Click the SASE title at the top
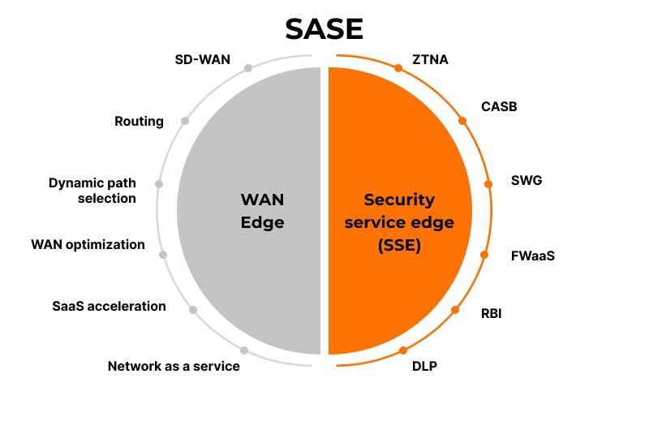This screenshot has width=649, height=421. pyautogui.click(x=324, y=28)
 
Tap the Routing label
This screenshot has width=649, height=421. pyautogui.click(x=139, y=122)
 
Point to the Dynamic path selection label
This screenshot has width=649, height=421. pyautogui.click(x=92, y=191)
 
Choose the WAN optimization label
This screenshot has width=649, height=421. pyautogui.click(x=88, y=244)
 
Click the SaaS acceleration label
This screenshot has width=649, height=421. pyautogui.click(x=109, y=306)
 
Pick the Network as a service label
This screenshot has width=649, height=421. pyautogui.click(x=174, y=366)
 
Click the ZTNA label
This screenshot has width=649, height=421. pyautogui.click(x=431, y=59)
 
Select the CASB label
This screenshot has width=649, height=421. pyautogui.click(x=499, y=106)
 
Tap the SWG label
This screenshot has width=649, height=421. pyautogui.click(x=526, y=180)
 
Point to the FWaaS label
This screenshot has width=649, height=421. pyautogui.click(x=532, y=256)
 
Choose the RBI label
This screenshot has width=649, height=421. pyautogui.click(x=491, y=313)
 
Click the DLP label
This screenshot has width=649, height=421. pyautogui.click(x=424, y=366)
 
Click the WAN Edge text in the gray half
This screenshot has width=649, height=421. pyautogui.click(x=263, y=211)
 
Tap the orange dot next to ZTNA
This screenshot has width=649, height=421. pyautogui.click(x=398, y=68)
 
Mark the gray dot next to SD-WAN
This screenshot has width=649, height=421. pyautogui.click(x=248, y=68)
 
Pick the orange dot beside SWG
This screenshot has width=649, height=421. pyautogui.click(x=488, y=184)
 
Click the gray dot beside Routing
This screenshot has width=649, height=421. pyautogui.click(x=185, y=121)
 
